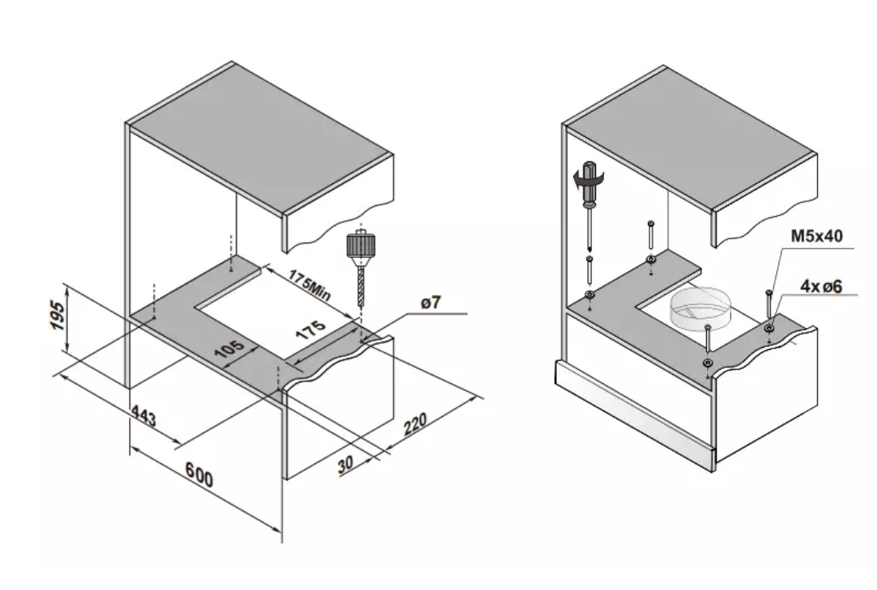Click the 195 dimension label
click(x=58, y=315)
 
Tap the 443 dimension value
click(x=144, y=416)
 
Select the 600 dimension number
click(x=199, y=475)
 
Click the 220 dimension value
click(x=415, y=423)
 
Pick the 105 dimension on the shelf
click(x=229, y=349)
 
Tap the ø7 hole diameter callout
click(x=431, y=304)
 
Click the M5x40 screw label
click(x=816, y=236)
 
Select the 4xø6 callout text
click(x=821, y=286)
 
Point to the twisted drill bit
click(x=361, y=285)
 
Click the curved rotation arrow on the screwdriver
click(x=588, y=180)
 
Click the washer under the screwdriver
click(x=589, y=294)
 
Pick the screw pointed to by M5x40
click(x=769, y=308)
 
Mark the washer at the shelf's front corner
click(x=708, y=363)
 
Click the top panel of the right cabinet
click(x=690, y=140)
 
